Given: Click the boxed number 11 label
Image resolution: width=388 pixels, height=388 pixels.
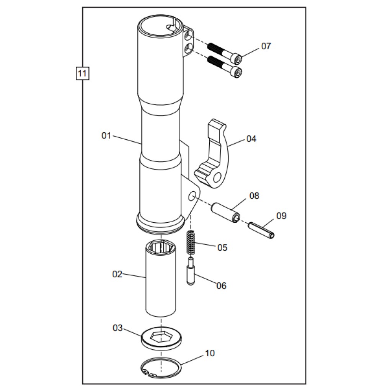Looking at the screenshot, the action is click(82, 73).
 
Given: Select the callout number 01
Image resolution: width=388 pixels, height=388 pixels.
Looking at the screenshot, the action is click(106, 135).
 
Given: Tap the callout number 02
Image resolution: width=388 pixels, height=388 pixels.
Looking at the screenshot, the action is click(117, 274).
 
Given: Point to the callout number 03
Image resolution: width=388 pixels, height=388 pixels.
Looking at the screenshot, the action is click(117, 328).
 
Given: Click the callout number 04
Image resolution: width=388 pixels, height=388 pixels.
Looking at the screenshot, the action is click(251, 139).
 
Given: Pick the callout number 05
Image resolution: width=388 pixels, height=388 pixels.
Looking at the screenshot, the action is click(222, 248).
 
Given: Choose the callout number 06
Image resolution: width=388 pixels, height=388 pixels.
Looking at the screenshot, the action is click(221, 286).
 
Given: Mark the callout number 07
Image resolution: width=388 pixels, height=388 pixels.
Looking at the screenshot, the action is click(266, 46).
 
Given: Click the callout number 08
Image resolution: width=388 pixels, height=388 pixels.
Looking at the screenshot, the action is click(254, 196).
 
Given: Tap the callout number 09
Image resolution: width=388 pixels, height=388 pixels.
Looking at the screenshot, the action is click(281, 216).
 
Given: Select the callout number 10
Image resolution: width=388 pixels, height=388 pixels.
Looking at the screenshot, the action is click(210, 353).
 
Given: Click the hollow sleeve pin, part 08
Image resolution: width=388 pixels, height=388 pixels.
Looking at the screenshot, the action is click(225, 212).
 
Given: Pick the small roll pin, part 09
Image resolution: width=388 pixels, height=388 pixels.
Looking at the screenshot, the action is click(262, 230).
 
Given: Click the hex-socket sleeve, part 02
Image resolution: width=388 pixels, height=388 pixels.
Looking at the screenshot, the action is click(161, 279).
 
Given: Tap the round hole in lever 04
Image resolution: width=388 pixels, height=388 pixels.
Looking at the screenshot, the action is click(217, 177).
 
